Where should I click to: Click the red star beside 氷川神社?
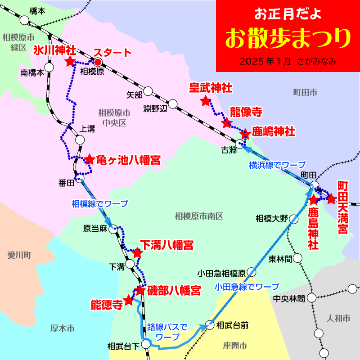click(70, 62)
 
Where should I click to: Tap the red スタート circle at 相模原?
click(98, 63)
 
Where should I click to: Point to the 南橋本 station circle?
click(49, 67)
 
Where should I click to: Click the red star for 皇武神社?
click(206, 101)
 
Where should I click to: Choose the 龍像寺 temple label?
click(246, 112)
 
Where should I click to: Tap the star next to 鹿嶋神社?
click(245, 134)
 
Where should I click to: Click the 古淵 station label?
click(229, 150)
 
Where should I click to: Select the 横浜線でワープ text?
click(277, 165)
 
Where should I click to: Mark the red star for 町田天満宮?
click(332, 198)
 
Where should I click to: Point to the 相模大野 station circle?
click(294, 219)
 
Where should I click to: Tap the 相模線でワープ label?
click(100, 203)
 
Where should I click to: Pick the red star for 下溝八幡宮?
click(137, 254)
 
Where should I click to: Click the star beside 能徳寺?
click(129, 300)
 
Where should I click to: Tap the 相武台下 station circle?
click(146, 344)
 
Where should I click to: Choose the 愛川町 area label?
click(18, 255)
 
